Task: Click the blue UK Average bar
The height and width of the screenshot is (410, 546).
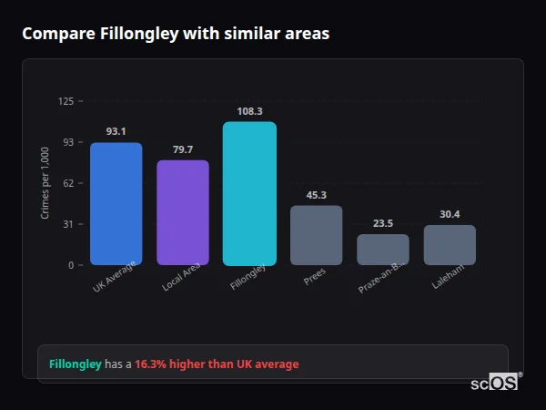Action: [116, 204]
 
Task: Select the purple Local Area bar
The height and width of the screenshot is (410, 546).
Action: [183, 213]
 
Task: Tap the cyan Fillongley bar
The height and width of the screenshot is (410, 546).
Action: [249, 193]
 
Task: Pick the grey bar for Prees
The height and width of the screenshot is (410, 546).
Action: [317, 235]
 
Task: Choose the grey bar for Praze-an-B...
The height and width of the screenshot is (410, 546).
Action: [383, 250]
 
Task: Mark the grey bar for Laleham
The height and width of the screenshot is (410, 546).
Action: [450, 245]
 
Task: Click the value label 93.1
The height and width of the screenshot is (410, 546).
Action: [116, 131]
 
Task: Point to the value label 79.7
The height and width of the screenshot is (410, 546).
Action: [183, 149]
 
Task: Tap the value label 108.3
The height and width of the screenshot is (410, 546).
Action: [249, 111]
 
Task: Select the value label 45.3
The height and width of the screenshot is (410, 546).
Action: [317, 195]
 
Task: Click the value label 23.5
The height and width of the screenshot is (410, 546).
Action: [383, 223]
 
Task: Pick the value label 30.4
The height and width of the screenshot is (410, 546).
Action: [450, 214]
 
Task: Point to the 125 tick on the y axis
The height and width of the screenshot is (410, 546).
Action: [66, 101]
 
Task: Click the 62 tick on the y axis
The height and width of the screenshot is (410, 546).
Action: [68, 183]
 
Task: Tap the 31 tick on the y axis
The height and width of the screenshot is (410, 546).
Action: [68, 224]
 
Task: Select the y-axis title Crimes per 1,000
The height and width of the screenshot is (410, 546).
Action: [45, 183]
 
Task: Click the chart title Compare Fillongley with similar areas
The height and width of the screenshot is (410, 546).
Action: [176, 34]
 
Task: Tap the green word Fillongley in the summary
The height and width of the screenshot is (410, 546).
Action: [75, 364]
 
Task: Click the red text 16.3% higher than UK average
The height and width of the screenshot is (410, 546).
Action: [217, 364]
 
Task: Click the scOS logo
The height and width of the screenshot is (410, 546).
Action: [495, 383]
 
